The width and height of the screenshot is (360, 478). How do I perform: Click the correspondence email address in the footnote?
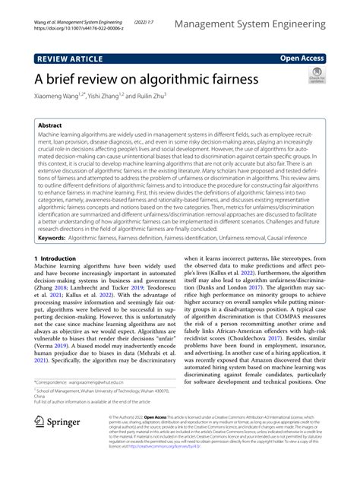coord(99,401)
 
